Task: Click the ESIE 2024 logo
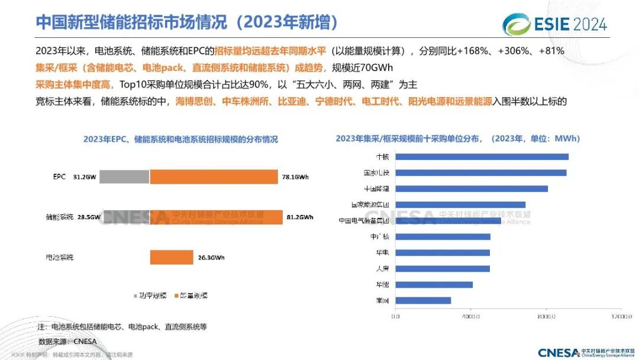(x=554, y=24)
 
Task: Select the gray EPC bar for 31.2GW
(x=124, y=176)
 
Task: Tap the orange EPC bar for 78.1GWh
(x=214, y=176)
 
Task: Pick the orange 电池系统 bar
(x=172, y=258)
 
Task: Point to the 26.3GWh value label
(x=211, y=258)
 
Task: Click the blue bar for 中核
(x=482, y=157)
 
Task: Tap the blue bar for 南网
(x=423, y=300)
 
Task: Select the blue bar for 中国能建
(x=472, y=189)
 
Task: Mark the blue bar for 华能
(x=434, y=284)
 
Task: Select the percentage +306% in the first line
(x=514, y=51)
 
